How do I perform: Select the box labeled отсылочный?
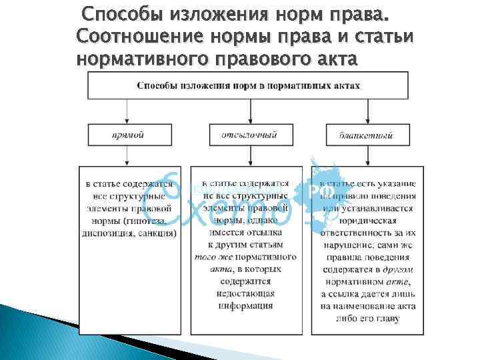tap(249, 135)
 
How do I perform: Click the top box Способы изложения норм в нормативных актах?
tap(248, 85)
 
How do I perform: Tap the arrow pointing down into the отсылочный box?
tap(249, 113)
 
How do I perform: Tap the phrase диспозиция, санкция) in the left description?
tap(127, 234)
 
